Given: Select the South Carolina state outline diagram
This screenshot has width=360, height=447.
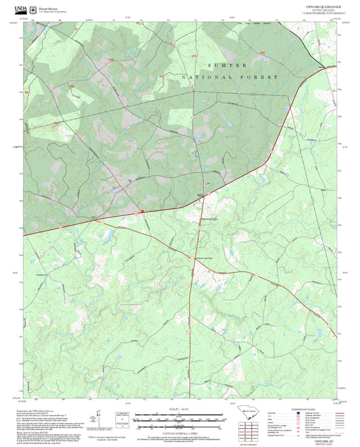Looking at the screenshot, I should tap(247, 417).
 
